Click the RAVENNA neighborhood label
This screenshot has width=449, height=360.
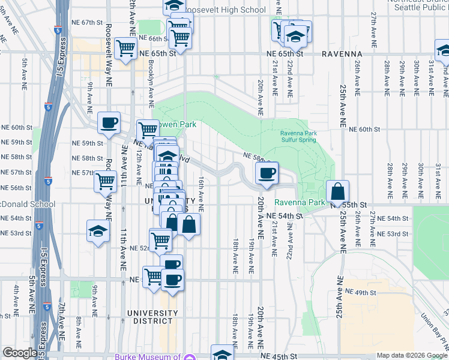click(x=343, y=53)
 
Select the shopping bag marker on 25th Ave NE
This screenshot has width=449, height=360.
click(x=338, y=191)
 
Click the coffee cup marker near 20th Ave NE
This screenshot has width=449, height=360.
click(x=267, y=173)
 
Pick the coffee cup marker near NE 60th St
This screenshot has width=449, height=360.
click(x=109, y=123)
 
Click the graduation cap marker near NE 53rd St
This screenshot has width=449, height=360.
click(x=98, y=231)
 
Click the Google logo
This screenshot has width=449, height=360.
click(x=19, y=353)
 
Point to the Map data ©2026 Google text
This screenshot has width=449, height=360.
click(x=411, y=355)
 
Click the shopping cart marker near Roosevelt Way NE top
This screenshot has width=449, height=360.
click(x=126, y=47)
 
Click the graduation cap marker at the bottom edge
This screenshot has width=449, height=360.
click(x=223, y=354)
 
